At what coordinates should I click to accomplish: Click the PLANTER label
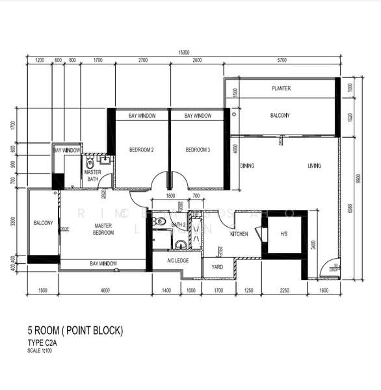coord(281,88)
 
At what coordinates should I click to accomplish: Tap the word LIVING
coord(314,166)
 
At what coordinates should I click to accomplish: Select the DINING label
coord(247,166)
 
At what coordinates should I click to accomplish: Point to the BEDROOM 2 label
coord(141,150)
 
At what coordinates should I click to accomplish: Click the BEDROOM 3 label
coord(198,150)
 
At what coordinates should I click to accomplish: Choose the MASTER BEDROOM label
coord(103,228)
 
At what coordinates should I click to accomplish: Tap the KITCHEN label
coord(239,233)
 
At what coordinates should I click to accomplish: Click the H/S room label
coord(283,234)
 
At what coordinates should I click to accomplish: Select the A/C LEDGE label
coord(177,261)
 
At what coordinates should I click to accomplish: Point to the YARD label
coord(218,266)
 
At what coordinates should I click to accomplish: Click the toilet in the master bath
coord(90,164)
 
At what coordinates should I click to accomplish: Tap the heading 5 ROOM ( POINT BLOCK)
coord(75,331)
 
